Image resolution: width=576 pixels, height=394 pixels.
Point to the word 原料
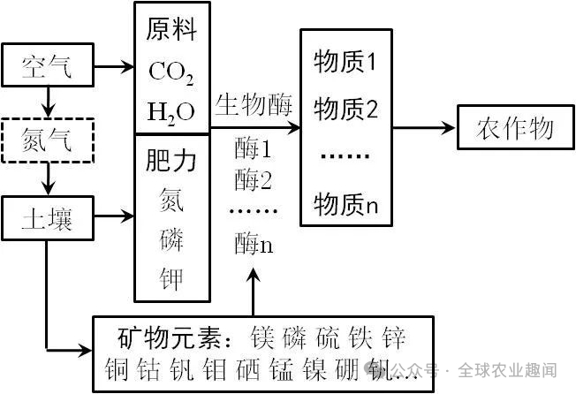(x=171, y=32)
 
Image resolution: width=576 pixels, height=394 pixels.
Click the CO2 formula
(x=171, y=72)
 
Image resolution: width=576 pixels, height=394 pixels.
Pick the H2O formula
(x=171, y=112)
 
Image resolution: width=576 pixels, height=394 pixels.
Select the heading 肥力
(x=171, y=162)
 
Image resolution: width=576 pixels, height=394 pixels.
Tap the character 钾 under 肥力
(x=171, y=278)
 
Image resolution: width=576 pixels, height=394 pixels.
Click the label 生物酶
(x=254, y=104)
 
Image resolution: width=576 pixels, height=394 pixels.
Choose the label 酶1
(x=254, y=148)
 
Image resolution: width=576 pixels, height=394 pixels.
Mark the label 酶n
(x=254, y=244)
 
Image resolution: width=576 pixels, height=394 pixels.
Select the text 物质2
(x=345, y=110)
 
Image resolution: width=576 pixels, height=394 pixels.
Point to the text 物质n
(x=345, y=206)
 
